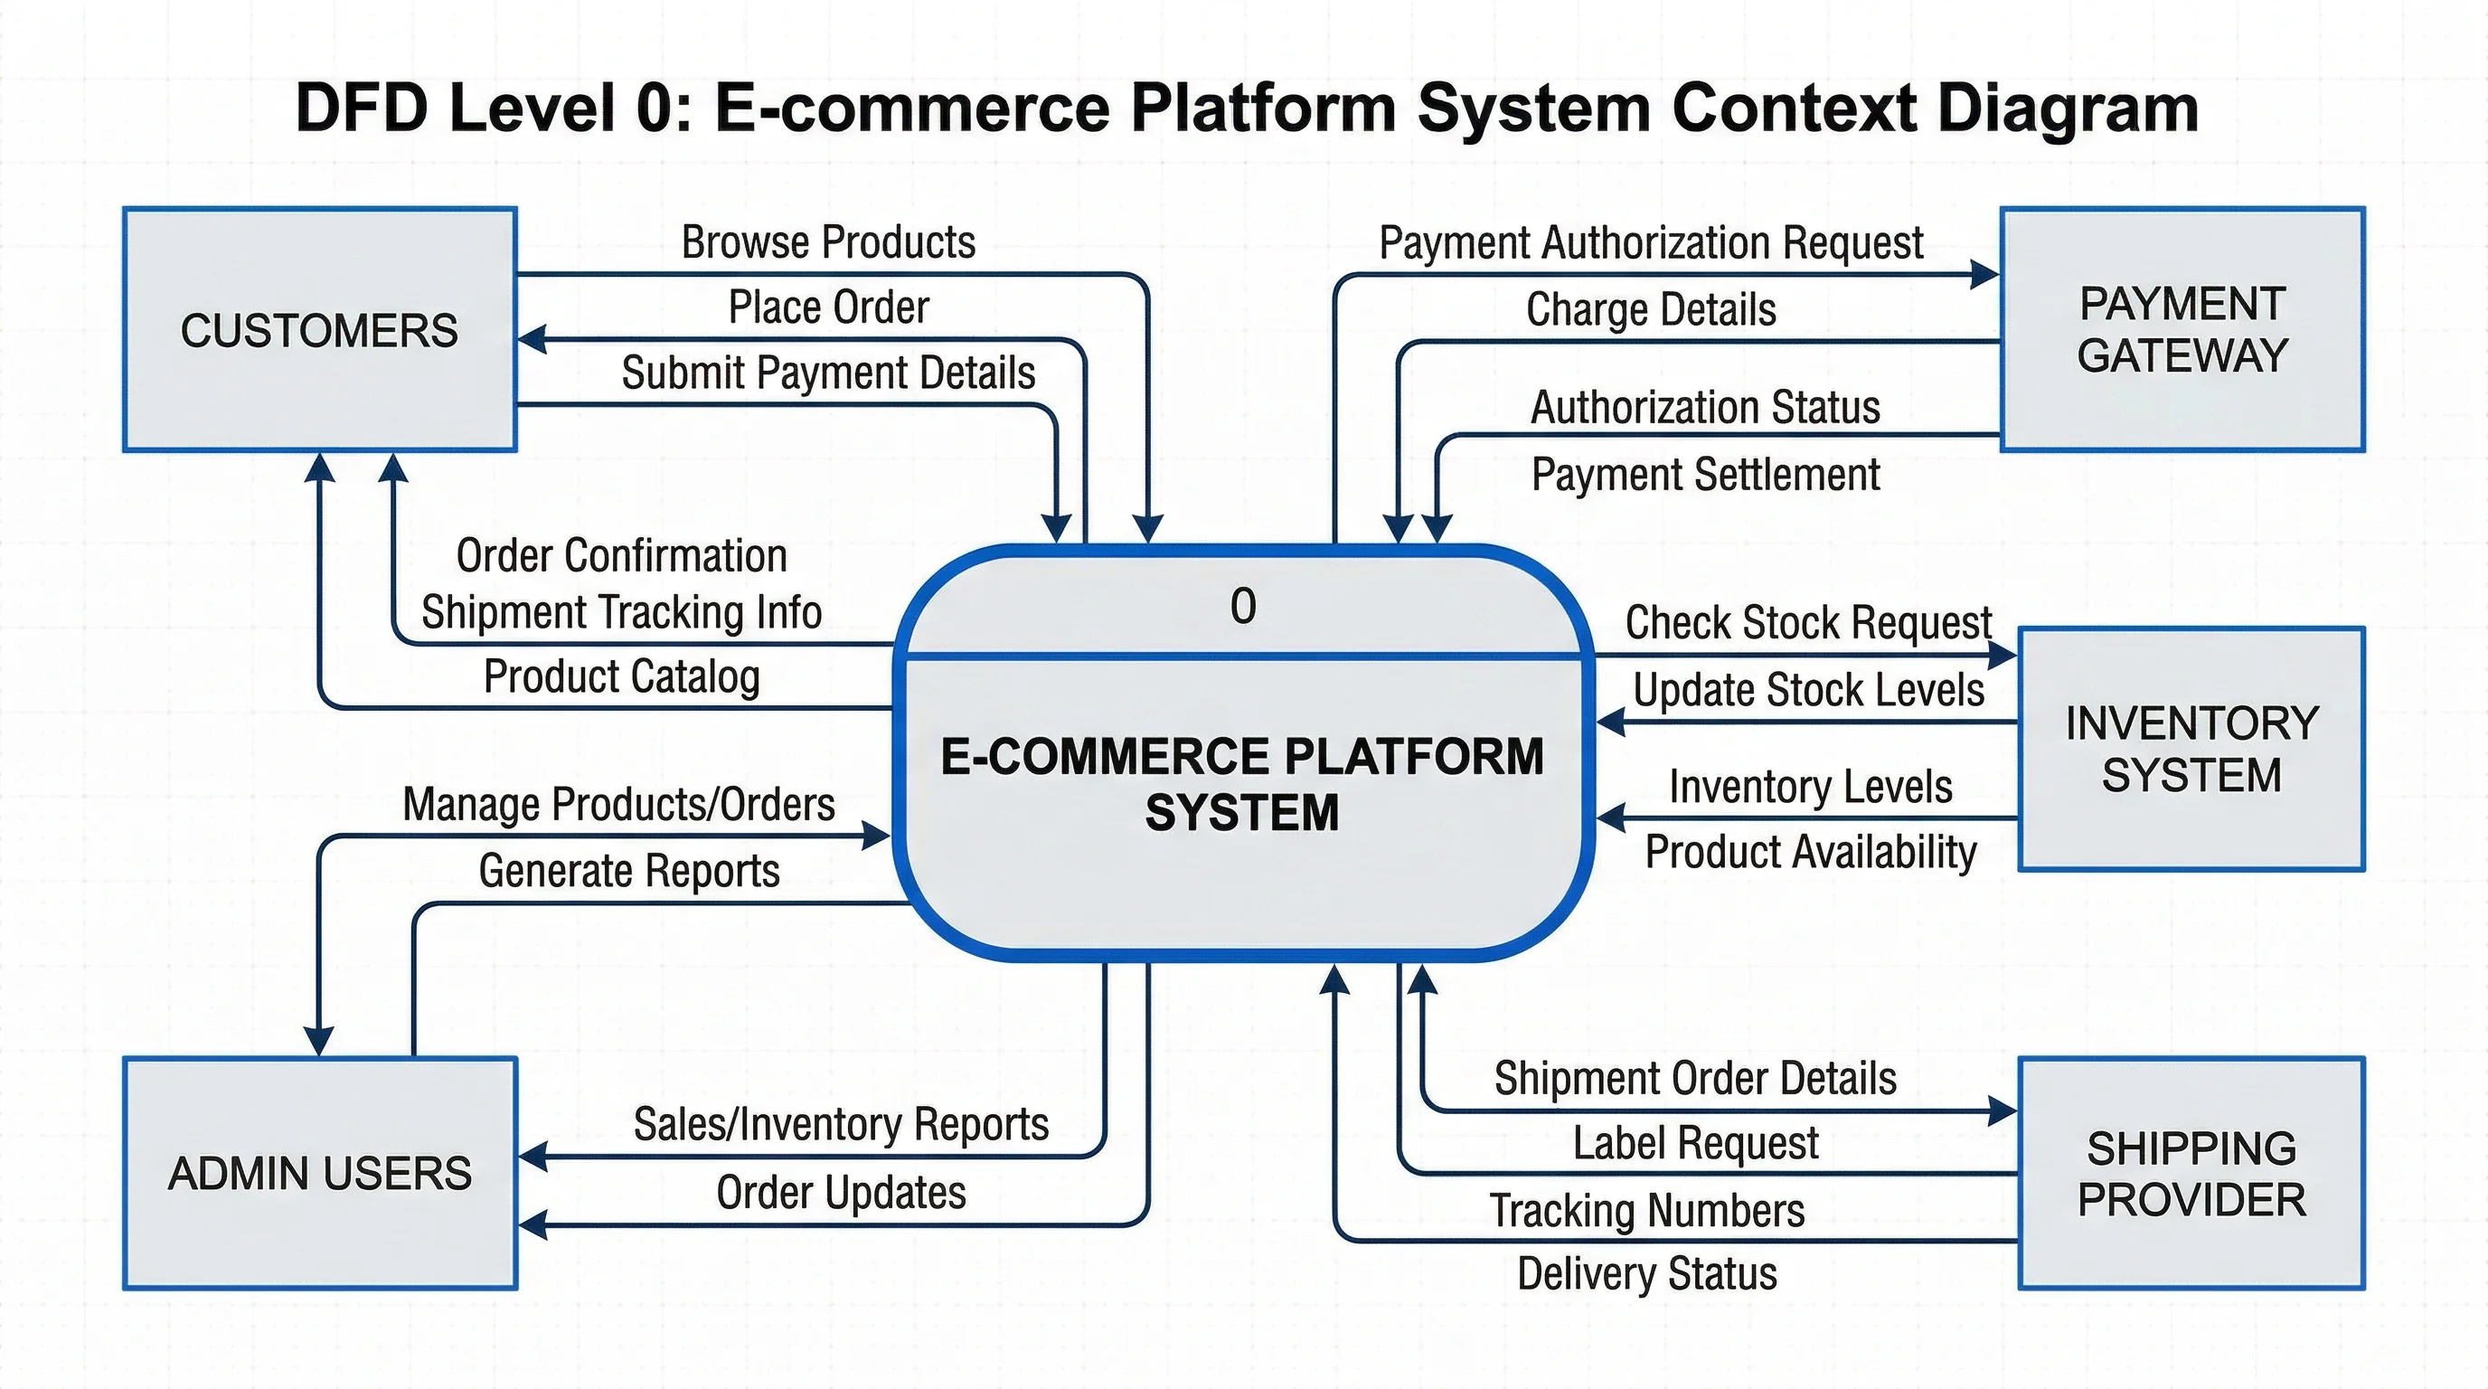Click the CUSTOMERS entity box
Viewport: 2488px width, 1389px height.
(x=319, y=329)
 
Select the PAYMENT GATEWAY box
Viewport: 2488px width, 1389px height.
(x=2182, y=329)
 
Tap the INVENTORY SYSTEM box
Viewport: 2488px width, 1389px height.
(x=2191, y=749)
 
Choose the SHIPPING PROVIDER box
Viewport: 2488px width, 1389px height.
(x=2191, y=1173)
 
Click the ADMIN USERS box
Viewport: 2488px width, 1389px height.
(x=320, y=1173)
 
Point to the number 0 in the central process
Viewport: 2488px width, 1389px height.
(x=1243, y=607)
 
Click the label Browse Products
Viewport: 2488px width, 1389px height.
(x=828, y=241)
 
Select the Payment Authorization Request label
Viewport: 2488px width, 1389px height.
(x=1651, y=242)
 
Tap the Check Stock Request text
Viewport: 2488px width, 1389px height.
(x=1808, y=622)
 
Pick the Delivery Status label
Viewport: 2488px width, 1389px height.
(x=1646, y=1273)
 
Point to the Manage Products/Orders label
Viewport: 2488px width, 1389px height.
(x=618, y=804)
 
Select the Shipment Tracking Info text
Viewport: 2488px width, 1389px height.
(x=621, y=612)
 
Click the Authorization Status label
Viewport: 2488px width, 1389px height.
(x=1706, y=407)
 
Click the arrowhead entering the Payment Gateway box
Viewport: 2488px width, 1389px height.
(x=1985, y=274)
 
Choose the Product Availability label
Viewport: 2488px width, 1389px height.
(x=1810, y=852)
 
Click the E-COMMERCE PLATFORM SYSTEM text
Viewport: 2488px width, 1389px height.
(x=1242, y=783)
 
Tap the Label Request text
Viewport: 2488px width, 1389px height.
(x=1695, y=1143)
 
